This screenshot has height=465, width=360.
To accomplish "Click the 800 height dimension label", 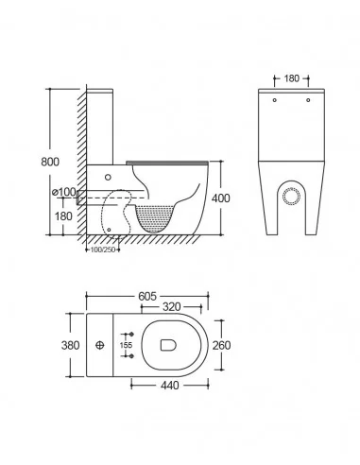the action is click(x=50, y=162).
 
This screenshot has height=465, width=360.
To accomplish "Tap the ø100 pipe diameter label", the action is click(x=64, y=192).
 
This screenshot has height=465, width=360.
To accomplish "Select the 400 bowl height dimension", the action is click(x=221, y=198).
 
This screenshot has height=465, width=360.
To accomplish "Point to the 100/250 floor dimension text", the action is click(x=101, y=250).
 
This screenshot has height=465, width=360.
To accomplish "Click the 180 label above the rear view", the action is click(x=292, y=78).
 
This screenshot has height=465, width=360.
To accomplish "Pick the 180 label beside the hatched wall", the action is click(x=63, y=216).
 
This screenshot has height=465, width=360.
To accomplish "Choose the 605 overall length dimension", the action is click(x=147, y=296).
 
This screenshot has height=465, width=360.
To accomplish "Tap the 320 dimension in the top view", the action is click(x=172, y=306).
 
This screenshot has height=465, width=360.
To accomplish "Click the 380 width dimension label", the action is click(x=70, y=345).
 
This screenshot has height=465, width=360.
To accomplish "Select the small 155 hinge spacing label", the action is click(x=126, y=345).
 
